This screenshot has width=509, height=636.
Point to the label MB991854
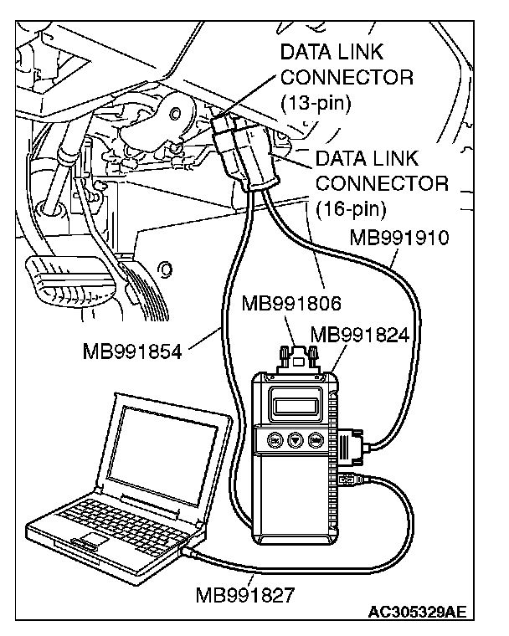click(133, 349)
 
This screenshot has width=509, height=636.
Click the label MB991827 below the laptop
click(244, 596)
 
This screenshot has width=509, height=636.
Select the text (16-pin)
click(351, 206)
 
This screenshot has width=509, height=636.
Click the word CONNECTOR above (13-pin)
click(346, 78)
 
